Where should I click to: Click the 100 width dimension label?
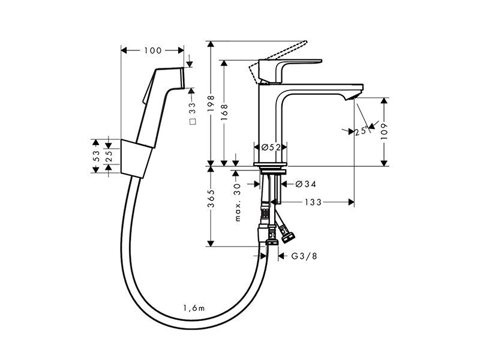pyautogui.click(x=153, y=50)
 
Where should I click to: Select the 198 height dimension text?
pyautogui.click(x=211, y=104)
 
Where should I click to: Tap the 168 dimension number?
pyautogui.click(x=224, y=112)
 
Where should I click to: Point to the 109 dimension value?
pyautogui.click(x=384, y=131)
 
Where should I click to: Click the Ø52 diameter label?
pyautogui.click(x=271, y=147)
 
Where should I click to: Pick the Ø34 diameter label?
pyautogui.click(x=306, y=184)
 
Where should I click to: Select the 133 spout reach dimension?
pyautogui.click(x=313, y=202)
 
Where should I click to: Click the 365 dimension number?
pyautogui.click(x=211, y=199)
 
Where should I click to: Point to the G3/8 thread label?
pyautogui.click(x=304, y=256)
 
